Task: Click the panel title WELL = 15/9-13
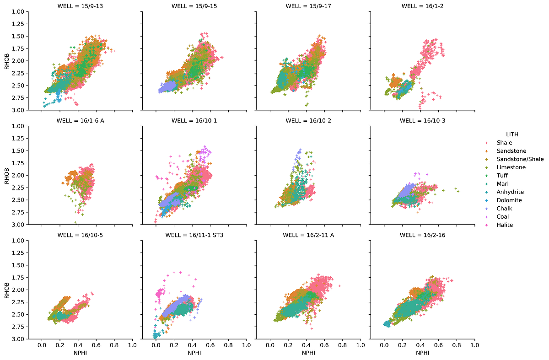(80, 6)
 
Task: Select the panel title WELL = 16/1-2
(422, 6)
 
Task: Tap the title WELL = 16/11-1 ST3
(194, 235)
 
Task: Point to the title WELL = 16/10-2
(308, 121)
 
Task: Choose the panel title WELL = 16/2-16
(422, 235)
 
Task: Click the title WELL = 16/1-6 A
(80, 121)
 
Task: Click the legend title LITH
(511, 134)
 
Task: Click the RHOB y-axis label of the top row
(6, 60)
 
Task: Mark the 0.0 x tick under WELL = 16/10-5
(42, 345)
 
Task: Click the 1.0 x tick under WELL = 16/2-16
(474, 345)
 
